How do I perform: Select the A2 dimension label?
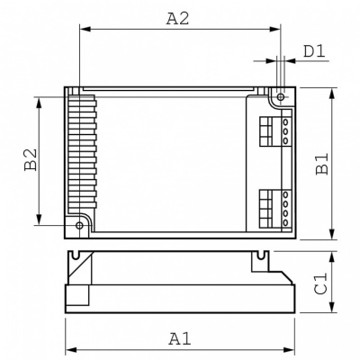pyautogui.click(x=178, y=17)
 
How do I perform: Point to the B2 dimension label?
pyautogui.click(x=30, y=161)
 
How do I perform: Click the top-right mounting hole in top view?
pyautogui.click(x=281, y=95)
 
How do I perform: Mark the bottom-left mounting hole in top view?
pyautogui.click(x=79, y=225)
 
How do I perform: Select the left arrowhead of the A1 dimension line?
pyautogui.click(x=68, y=351)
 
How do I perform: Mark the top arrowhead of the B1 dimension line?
pyautogui.click(x=333, y=92)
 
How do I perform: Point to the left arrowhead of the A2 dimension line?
pyautogui.click(x=83, y=30)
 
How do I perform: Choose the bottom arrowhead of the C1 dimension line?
pyautogui.click(x=333, y=309)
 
